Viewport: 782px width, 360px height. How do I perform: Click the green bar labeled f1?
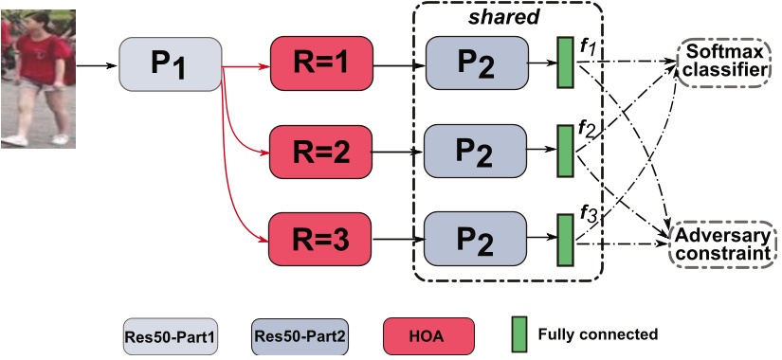pyautogui.click(x=565, y=64)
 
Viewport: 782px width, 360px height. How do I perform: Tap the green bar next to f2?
pyautogui.click(x=565, y=150)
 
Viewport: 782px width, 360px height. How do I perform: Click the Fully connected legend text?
pyautogui.click(x=597, y=334)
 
